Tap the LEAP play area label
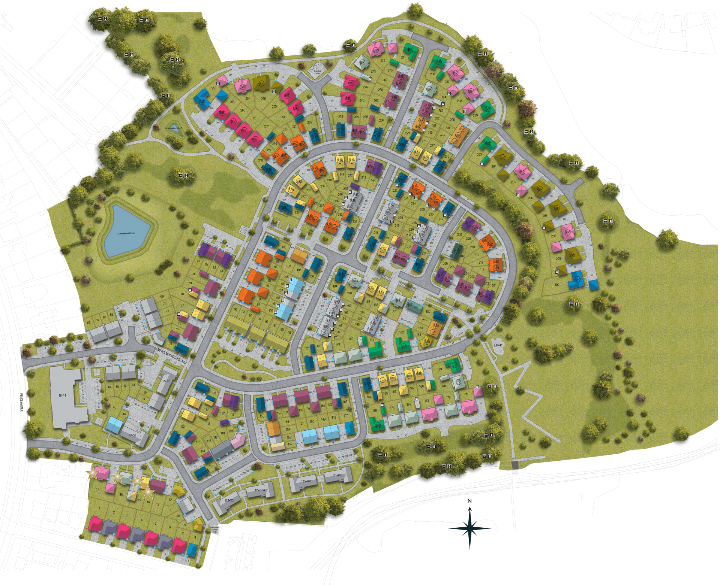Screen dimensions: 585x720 pos(498,345)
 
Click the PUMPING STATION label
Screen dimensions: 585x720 pos(318,72)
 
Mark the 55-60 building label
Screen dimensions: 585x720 pos(166,381)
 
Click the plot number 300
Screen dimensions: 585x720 pos(556,285)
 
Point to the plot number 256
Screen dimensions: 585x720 pos(263,99)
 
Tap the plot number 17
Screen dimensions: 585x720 pos(97,489)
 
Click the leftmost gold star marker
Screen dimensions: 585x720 pos(92,474)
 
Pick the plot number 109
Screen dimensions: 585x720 pos(214,393)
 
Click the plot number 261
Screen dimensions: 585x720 pos(255,118)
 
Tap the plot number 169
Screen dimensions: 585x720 pos(440,369)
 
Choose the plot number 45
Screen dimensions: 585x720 pos(115,407)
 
